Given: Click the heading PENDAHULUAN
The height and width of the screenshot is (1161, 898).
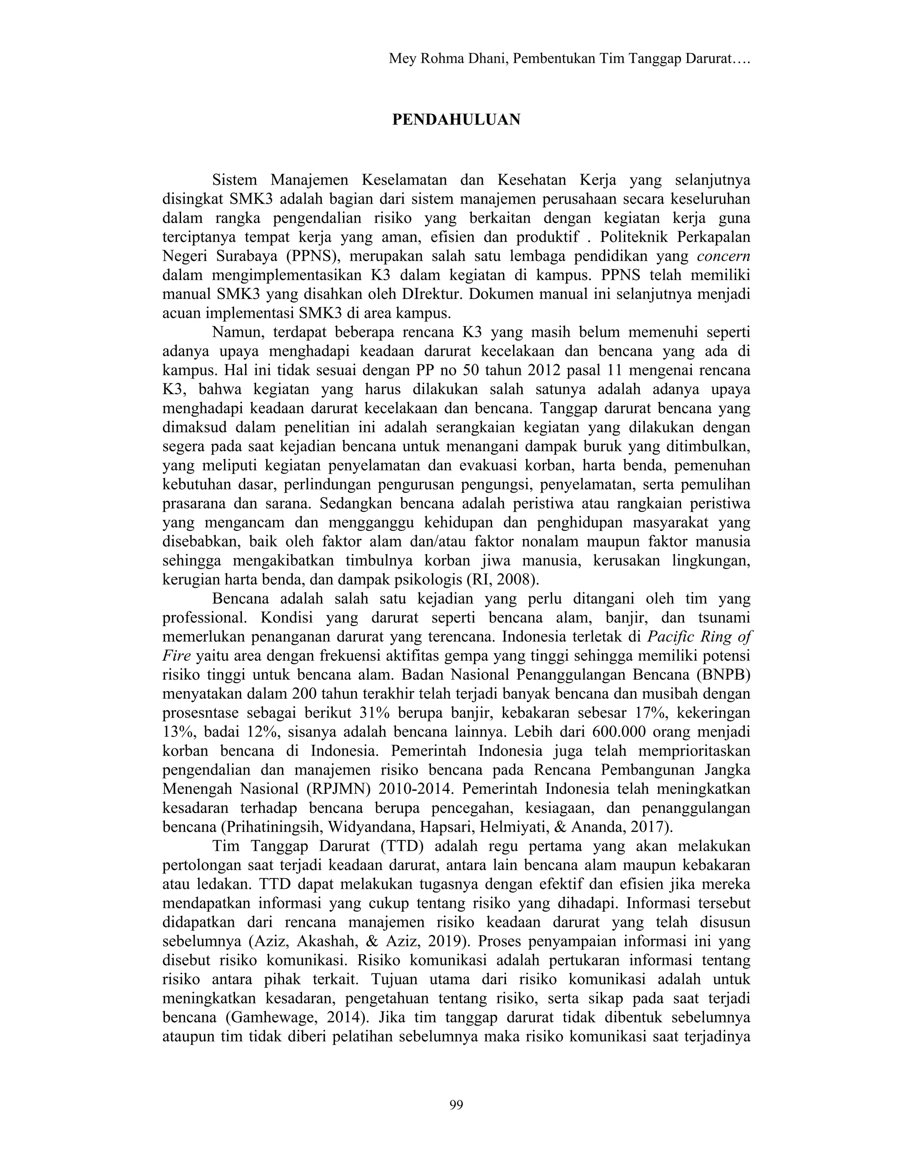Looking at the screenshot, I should pyautogui.click(x=456, y=120).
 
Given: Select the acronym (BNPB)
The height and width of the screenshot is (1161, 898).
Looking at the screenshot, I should pyautogui.click(x=721, y=675).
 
